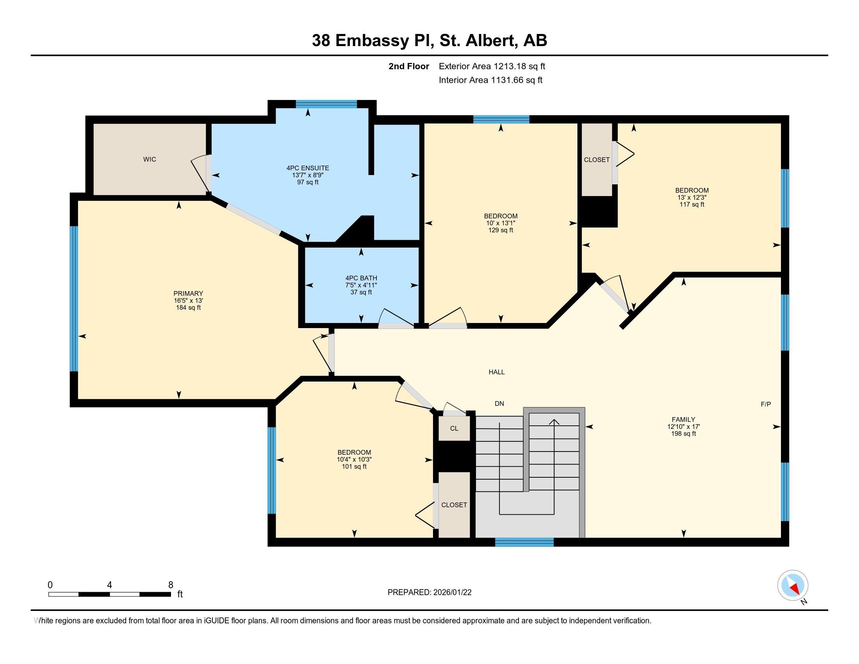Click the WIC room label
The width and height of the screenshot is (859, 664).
click(150, 159)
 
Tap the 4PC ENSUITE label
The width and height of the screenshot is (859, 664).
click(308, 168)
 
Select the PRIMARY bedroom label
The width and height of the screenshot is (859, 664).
click(189, 293)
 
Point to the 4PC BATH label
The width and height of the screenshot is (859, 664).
click(361, 278)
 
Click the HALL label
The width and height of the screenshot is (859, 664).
click(496, 372)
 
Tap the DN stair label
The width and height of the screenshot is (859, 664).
click(499, 403)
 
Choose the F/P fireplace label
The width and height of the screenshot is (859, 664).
click(766, 404)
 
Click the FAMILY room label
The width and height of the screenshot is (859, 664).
click(684, 419)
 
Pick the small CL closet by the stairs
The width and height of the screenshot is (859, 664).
click(454, 428)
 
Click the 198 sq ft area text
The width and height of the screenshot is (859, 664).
click(684, 434)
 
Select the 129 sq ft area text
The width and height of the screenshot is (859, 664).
click(501, 230)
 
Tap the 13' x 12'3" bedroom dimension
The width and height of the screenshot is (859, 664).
click(692, 198)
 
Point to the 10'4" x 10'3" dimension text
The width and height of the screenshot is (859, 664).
click(354, 459)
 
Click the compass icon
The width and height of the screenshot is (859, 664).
click(793, 585)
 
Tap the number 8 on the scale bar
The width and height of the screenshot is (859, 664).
click(171, 585)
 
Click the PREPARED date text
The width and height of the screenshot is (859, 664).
click(429, 593)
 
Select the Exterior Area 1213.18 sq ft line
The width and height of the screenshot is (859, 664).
click(492, 66)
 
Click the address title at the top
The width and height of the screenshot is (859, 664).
click(429, 41)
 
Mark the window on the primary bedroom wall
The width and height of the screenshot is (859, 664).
click(73, 299)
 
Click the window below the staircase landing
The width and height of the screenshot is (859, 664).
click(524, 542)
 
